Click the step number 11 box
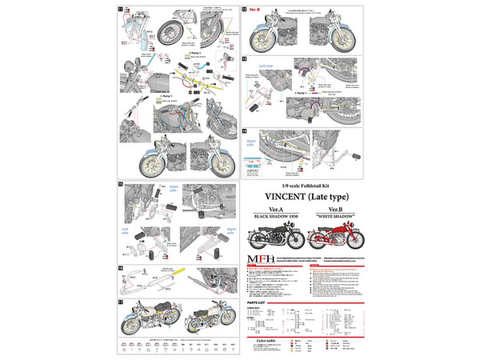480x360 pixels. coord(121,9)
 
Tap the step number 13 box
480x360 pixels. coord(245,59)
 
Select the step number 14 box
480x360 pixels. coord(245,130)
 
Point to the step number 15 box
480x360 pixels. coord(121,184)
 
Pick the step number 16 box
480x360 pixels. coord(121,268)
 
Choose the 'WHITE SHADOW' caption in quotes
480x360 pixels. coord(338,218)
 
